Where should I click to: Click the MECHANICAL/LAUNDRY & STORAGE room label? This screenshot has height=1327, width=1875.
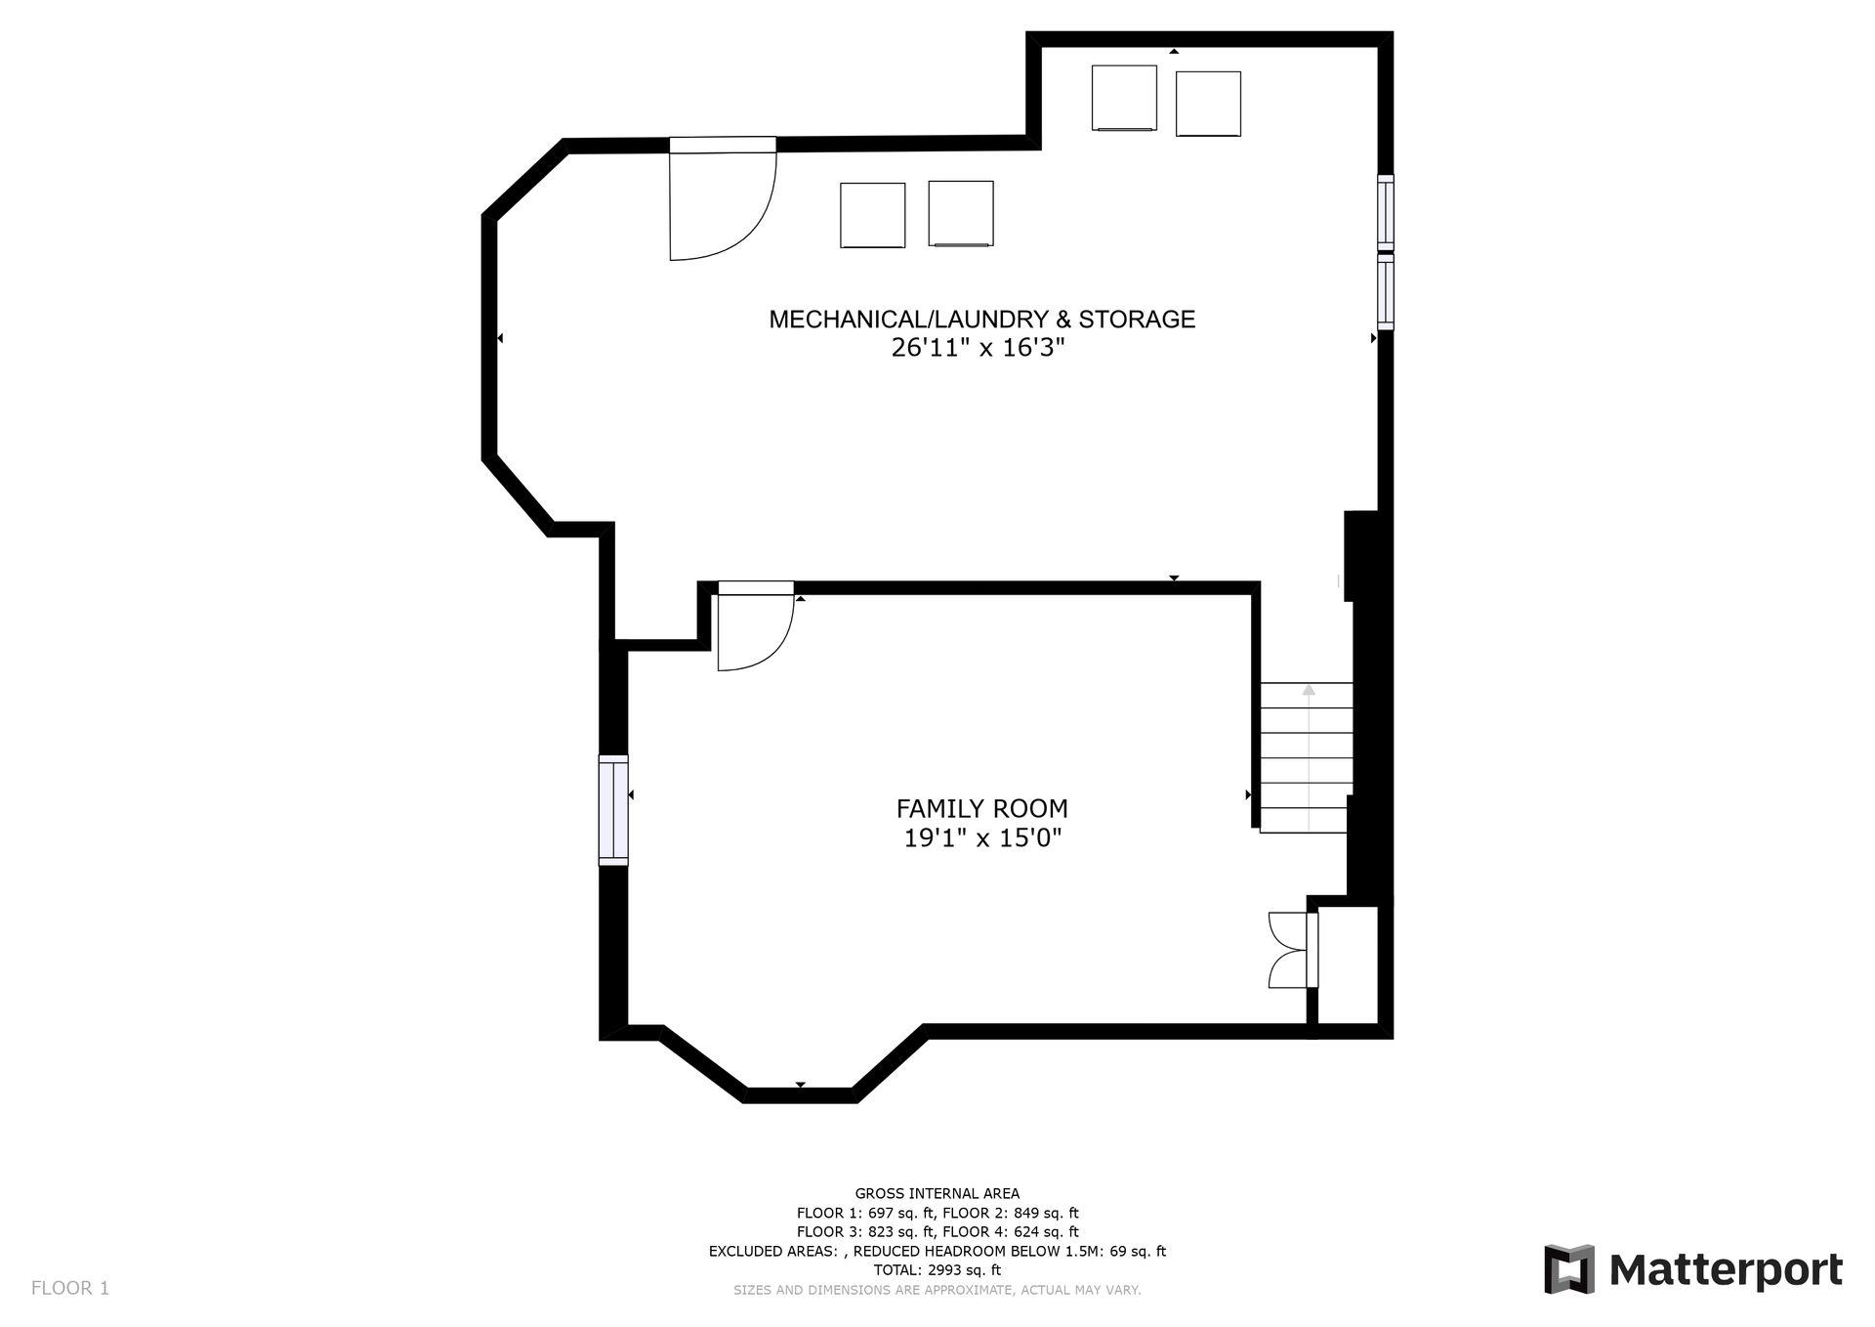tap(981, 320)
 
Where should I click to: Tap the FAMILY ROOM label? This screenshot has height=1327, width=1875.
tap(981, 809)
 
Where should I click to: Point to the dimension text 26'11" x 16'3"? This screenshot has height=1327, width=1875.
tap(978, 348)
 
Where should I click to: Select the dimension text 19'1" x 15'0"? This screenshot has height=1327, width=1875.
tap(982, 837)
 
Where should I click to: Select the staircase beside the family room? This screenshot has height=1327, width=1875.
tap(1306, 757)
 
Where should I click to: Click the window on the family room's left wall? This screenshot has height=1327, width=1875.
tap(613, 810)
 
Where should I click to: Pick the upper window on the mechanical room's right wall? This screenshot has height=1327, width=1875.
tap(1385, 210)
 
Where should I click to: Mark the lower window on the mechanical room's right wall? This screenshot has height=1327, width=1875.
tap(1385, 291)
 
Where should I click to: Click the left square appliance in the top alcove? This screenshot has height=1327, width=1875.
tap(1124, 98)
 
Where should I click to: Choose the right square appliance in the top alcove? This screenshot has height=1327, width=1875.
tap(1208, 104)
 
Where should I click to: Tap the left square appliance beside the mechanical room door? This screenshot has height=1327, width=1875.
tap(873, 215)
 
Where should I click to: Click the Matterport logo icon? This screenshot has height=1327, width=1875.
tap(1569, 1269)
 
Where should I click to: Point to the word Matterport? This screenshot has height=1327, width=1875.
tap(1726, 1270)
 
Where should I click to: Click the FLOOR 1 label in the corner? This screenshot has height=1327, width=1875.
tap(70, 1288)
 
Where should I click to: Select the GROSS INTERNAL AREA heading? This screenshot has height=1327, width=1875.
tap(937, 1193)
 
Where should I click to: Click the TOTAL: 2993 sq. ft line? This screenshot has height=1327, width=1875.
tap(937, 1270)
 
